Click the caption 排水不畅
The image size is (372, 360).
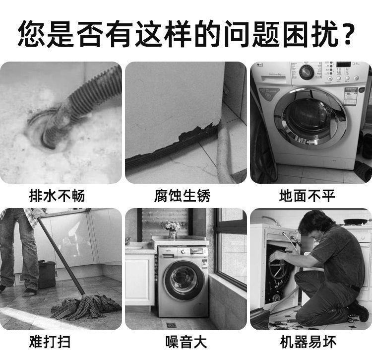point(57,196)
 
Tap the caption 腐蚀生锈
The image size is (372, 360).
point(182,196)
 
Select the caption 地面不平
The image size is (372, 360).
point(307,196)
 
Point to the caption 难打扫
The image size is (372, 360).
point(50,342)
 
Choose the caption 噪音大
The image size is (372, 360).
point(186,342)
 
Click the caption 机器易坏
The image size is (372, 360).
point(308,342)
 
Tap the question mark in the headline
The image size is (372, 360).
point(348,33)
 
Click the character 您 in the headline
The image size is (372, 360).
point(31,33)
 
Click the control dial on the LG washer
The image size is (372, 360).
point(307,72)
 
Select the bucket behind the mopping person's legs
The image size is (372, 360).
point(47,275)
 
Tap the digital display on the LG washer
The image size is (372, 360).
point(343,65)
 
